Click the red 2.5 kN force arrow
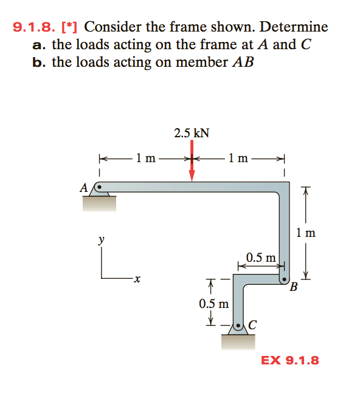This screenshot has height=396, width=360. coord(192,160)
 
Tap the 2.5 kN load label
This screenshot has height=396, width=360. coord(192,133)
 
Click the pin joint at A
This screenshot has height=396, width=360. coord(99,187)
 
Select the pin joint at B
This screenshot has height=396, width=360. coord(285,279)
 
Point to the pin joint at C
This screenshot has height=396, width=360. coord(238,325)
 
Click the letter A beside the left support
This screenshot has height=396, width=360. coord(84,188)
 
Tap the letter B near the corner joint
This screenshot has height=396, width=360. coord(294,287)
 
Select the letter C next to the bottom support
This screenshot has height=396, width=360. coord(252,325)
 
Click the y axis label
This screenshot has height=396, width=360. coord(101,239)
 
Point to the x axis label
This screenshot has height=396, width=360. coord(137,279)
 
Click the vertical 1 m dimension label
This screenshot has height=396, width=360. coord(306,233)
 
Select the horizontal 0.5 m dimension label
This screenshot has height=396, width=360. coord(261,258)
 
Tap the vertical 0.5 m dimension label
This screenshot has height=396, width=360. coord(214,304)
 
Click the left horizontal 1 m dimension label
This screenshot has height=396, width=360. coord(146,159)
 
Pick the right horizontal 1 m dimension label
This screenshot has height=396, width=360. coord(238,159)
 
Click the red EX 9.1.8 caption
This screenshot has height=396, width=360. coord(290,360)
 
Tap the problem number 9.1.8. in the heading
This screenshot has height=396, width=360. coord(34,27)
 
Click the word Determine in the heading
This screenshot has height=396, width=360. coord(294,27)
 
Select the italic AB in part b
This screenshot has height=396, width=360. coord(243,62)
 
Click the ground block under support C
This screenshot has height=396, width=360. coord(238,343)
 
